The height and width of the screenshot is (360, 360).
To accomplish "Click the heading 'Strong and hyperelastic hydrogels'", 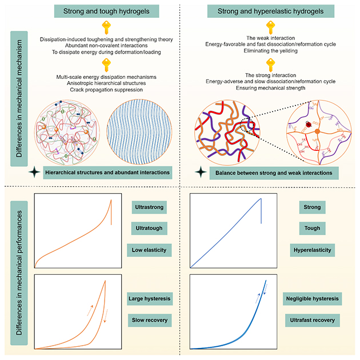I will pos(266,10).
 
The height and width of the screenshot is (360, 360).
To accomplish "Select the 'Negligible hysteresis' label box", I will pos(313,299).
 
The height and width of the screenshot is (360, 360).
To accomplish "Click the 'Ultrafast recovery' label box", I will pos(313,320).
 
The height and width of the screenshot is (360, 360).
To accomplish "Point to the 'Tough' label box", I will pos(313,228).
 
